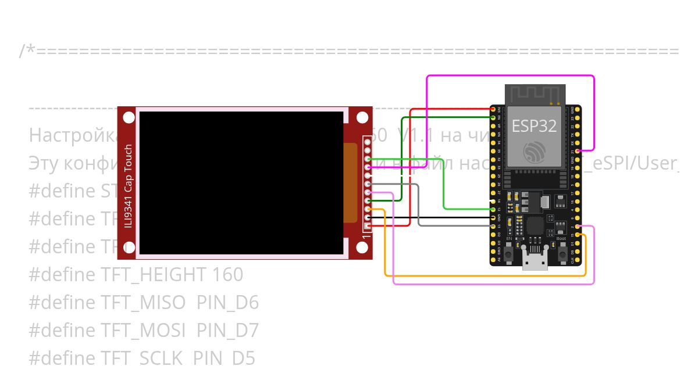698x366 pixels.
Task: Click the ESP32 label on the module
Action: (534, 126)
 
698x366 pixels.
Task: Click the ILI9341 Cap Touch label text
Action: (128, 186)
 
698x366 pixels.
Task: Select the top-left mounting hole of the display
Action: (129, 118)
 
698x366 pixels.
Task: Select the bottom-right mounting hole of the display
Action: (362, 248)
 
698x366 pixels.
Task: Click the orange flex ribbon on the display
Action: (350, 183)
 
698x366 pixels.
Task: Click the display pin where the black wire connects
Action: (368, 217)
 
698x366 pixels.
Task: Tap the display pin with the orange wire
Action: (368, 209)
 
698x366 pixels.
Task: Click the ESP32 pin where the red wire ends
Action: (493, 109)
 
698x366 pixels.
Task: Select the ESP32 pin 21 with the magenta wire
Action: (577, 150)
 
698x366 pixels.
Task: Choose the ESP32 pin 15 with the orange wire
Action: (577, 235)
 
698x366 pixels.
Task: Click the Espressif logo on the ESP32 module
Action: (534, 152)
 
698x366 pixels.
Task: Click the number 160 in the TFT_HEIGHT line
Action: (227, 275)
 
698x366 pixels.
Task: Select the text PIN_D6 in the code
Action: (227, 303)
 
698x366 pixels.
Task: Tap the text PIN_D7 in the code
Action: (227, 331)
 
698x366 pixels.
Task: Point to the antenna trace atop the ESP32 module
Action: (534, 94)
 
